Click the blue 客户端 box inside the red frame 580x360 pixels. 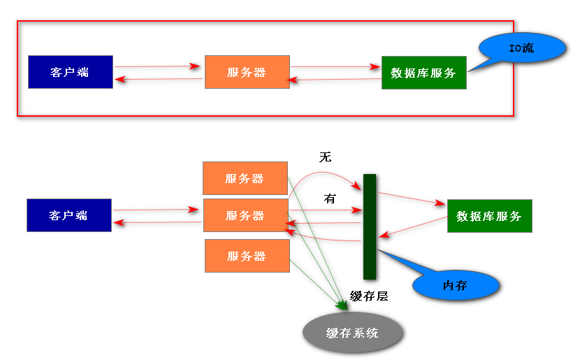pyautogui.click(x=70, y=72)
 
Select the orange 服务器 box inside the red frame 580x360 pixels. pyautogui.click(x=247, y=72)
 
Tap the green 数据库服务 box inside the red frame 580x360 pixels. pyautogui.click(x=423, y=73)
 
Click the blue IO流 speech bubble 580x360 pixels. pyautogui.click(x=521, y=48)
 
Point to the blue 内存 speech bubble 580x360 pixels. pyautogui.click(x=456, y=285)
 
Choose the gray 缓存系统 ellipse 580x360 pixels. pyautogui.click(x=353, y=333)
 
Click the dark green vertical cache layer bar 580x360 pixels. pyautogui.click(x=370, y=226)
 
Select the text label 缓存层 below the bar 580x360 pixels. pyautogui.click(x=368, y=296)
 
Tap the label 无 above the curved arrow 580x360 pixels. pyautogui.click(x=325, y=157)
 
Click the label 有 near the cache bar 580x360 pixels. pyautogui.click(x=330, y=199)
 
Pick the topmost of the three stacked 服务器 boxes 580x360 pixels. pyautogui.click(x=245, y=178)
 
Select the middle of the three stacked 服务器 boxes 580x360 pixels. pyautogui.click(x=245, y=215)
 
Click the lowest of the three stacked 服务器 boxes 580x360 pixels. pyautogui.click(x=246, y=256)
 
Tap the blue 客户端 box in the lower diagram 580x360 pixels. pyautogui.click(x=68, y=215)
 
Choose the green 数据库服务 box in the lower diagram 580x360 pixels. pyautogui.click(x=489, y=216)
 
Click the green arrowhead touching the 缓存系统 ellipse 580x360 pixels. pyautogui.click(x=342, y=306)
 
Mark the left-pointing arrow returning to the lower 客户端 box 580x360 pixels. pyautogui.click(x=157, y=222)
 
